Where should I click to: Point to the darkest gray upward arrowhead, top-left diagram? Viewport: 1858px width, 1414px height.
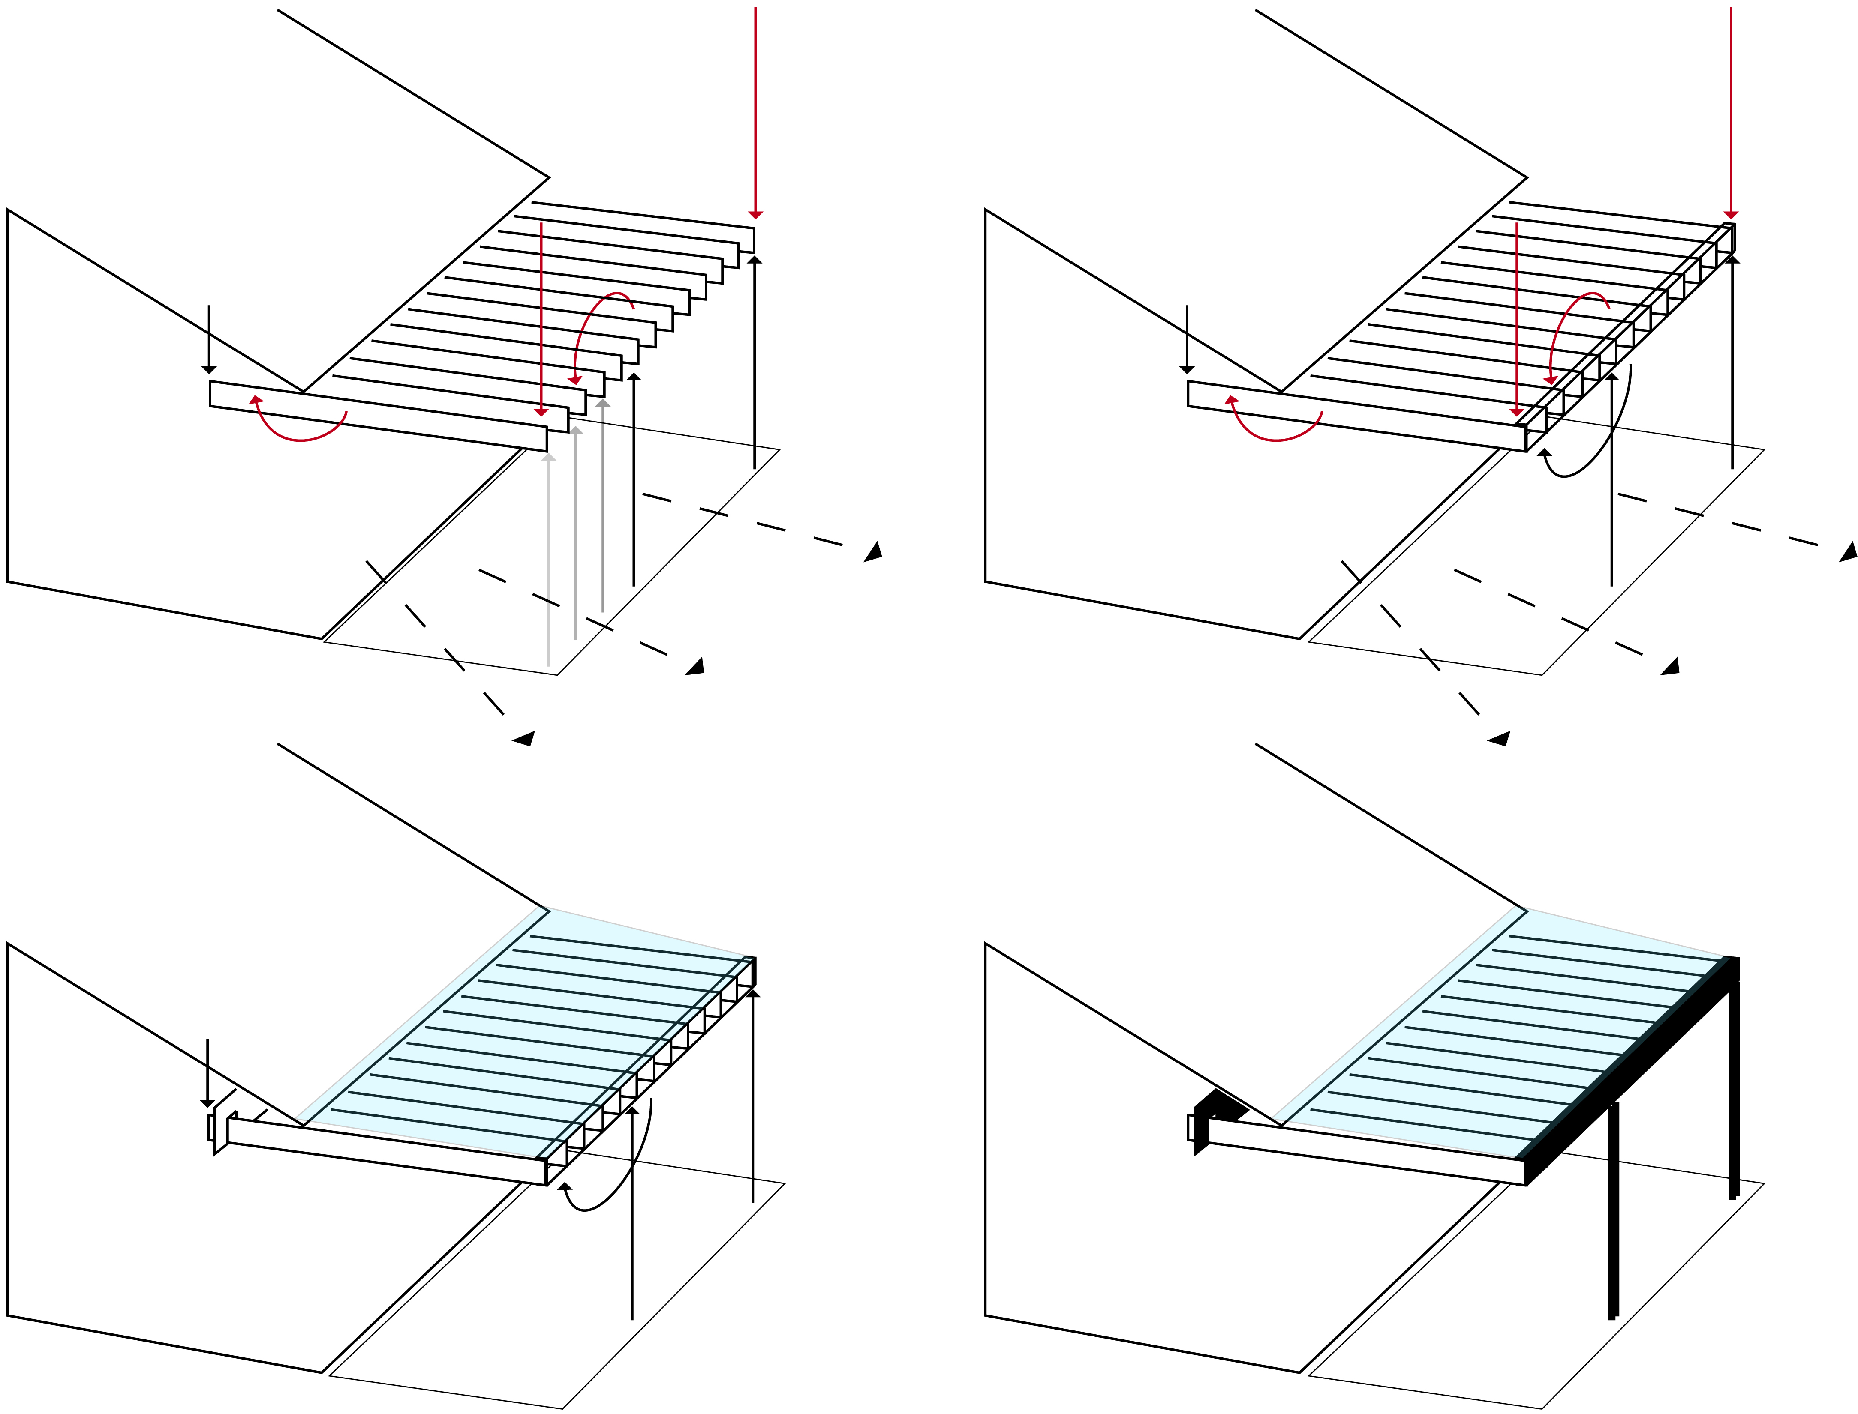coord(603,403)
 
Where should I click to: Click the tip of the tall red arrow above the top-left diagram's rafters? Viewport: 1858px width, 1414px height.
coord(755,216)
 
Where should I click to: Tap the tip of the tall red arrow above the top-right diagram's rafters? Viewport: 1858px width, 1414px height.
coord(1731,216)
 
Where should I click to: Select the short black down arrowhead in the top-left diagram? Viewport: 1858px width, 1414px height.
coord(210,369)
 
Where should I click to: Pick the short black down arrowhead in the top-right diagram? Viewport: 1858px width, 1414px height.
coord(1187,369)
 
